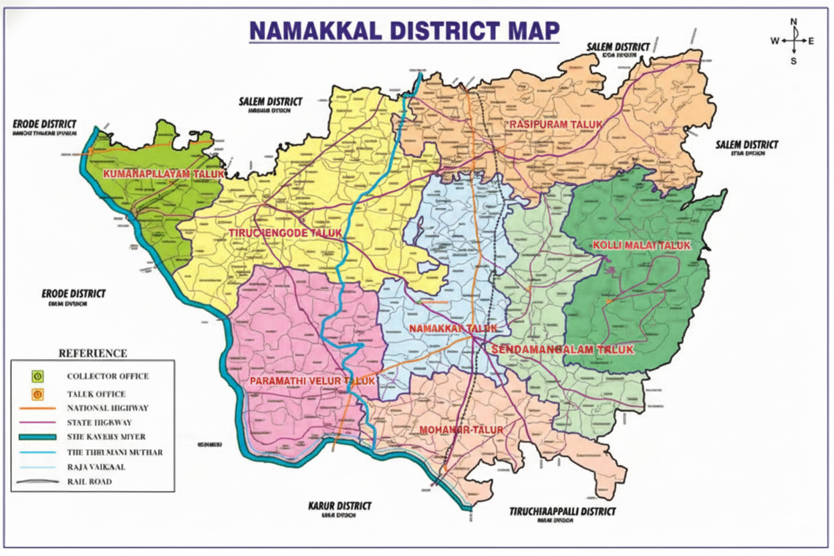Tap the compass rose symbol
[793, 41]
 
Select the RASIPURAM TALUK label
[556, 124]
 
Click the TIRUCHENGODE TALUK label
[285, 233]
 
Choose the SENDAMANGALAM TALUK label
[562, 350]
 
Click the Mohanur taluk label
[460, 429]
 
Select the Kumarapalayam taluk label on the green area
[163, 174]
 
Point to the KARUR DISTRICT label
[339, 506]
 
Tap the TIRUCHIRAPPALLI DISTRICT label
[562, 511]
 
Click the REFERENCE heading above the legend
[93, 353]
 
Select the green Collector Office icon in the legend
[38, 376]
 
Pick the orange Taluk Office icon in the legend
[38, 394]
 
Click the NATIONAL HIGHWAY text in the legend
[108, 408]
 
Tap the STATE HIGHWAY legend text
[99, 422]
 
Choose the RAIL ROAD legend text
[90, 481]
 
